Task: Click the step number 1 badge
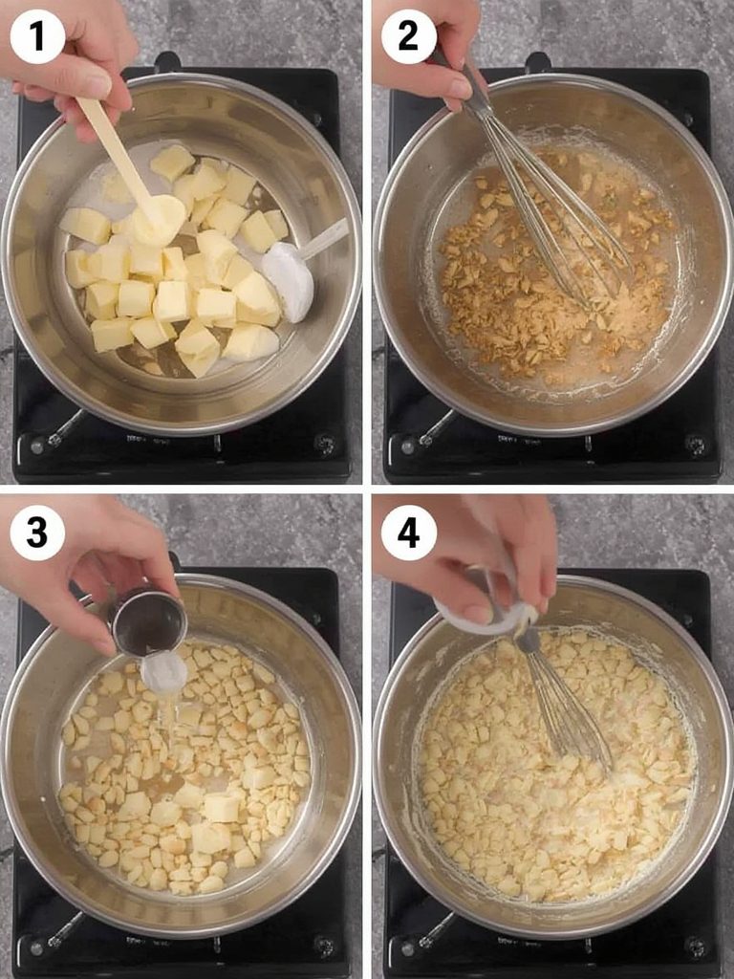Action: pyautogui.click(x=37, y=37)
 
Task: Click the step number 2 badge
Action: pyautogui.click(x=408, y=37)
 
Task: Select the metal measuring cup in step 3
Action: pyautogui.click(x=149, y=621)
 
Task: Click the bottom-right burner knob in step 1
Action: pyautogui.click(x=325, y=445)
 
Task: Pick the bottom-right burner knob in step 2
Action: pyautogui.click(x=696, y=445)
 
